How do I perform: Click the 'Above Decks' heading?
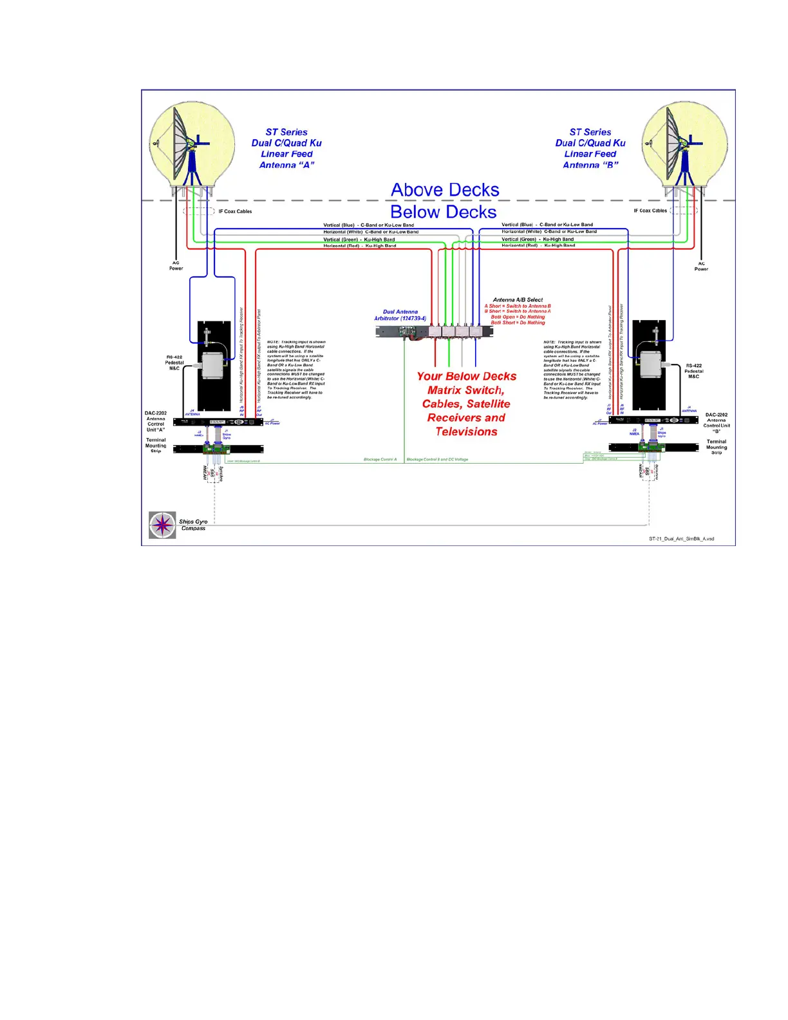coord(445,190)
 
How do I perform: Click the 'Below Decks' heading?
coord(443,212)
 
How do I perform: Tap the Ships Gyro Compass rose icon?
coord(162,525)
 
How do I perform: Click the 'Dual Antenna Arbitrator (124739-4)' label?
coord(400,315)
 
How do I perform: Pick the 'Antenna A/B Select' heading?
coord(518,299)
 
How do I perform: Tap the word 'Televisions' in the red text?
coord(466,431)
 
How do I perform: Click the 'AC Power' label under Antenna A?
coord(176,266)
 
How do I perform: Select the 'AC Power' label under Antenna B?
coord(701,266)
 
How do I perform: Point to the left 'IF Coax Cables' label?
coord(235,211)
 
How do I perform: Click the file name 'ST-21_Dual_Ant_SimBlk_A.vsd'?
coord(681,538)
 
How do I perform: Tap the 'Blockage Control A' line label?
coord(380,460)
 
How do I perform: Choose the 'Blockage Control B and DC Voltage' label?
coord(437,460)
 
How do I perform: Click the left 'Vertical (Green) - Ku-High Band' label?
coord(359,240)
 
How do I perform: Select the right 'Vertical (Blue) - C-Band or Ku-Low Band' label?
coord(547,225)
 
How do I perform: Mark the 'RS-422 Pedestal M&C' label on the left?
coord(174,363)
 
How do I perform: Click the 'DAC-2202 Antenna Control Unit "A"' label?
coord(156,421)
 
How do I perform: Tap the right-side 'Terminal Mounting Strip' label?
coord(716,447)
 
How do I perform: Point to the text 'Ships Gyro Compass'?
coord(193,525)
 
